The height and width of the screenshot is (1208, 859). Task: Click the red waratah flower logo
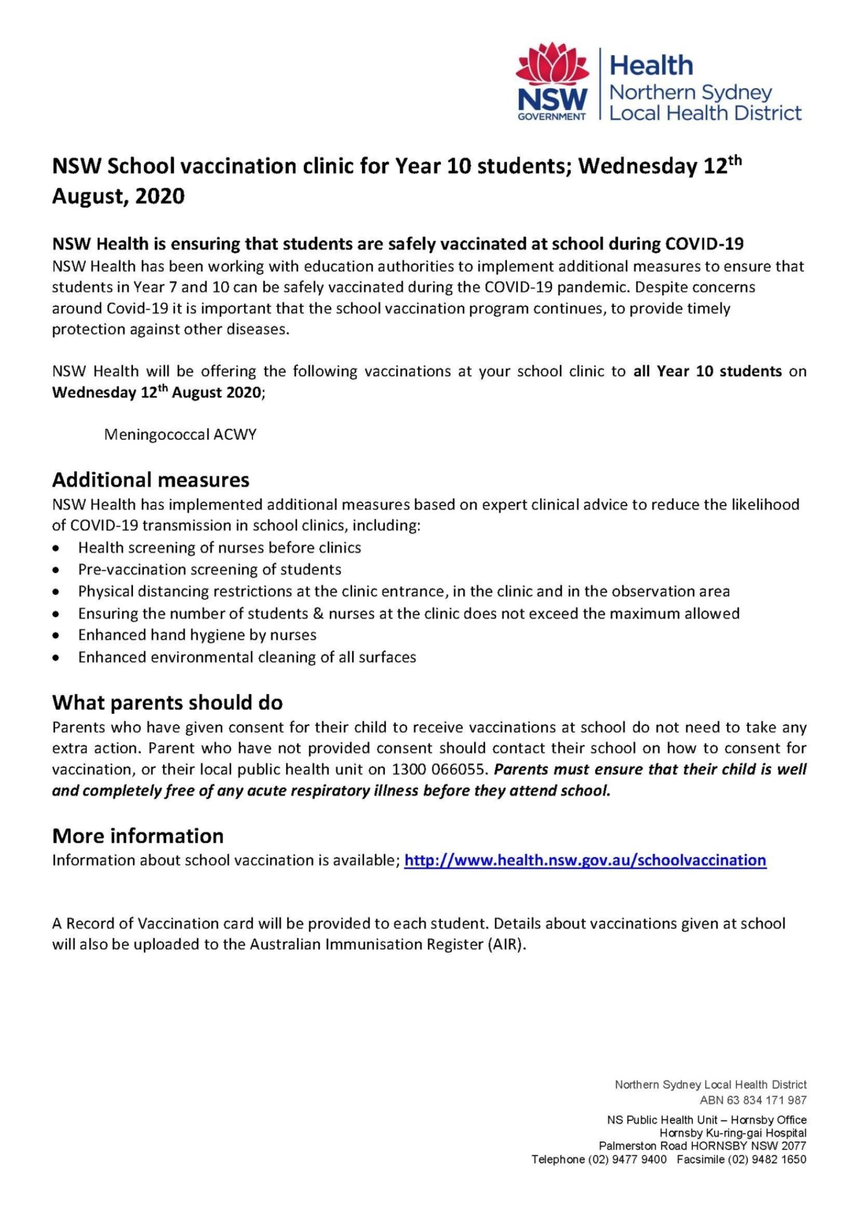pos(552,65)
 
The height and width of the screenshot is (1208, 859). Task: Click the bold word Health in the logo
pos(651,66)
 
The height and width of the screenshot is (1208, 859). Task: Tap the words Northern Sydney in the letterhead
pos(691,92)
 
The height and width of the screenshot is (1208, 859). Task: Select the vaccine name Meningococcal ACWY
pos(180,435)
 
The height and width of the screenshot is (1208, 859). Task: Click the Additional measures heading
pos(151,480)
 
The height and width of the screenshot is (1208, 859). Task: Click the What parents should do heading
pos(167,702)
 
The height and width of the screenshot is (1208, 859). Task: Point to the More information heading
pos(137,836)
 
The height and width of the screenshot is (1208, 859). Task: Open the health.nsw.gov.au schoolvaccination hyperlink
pos(585,860)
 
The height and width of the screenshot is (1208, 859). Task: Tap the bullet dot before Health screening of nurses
pos(56,548)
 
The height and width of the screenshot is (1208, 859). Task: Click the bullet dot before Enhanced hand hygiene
pos(56,635)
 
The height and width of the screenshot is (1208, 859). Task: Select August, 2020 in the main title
pos(119,196)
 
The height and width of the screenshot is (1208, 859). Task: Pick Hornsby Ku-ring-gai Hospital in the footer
pos(732,1133)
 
